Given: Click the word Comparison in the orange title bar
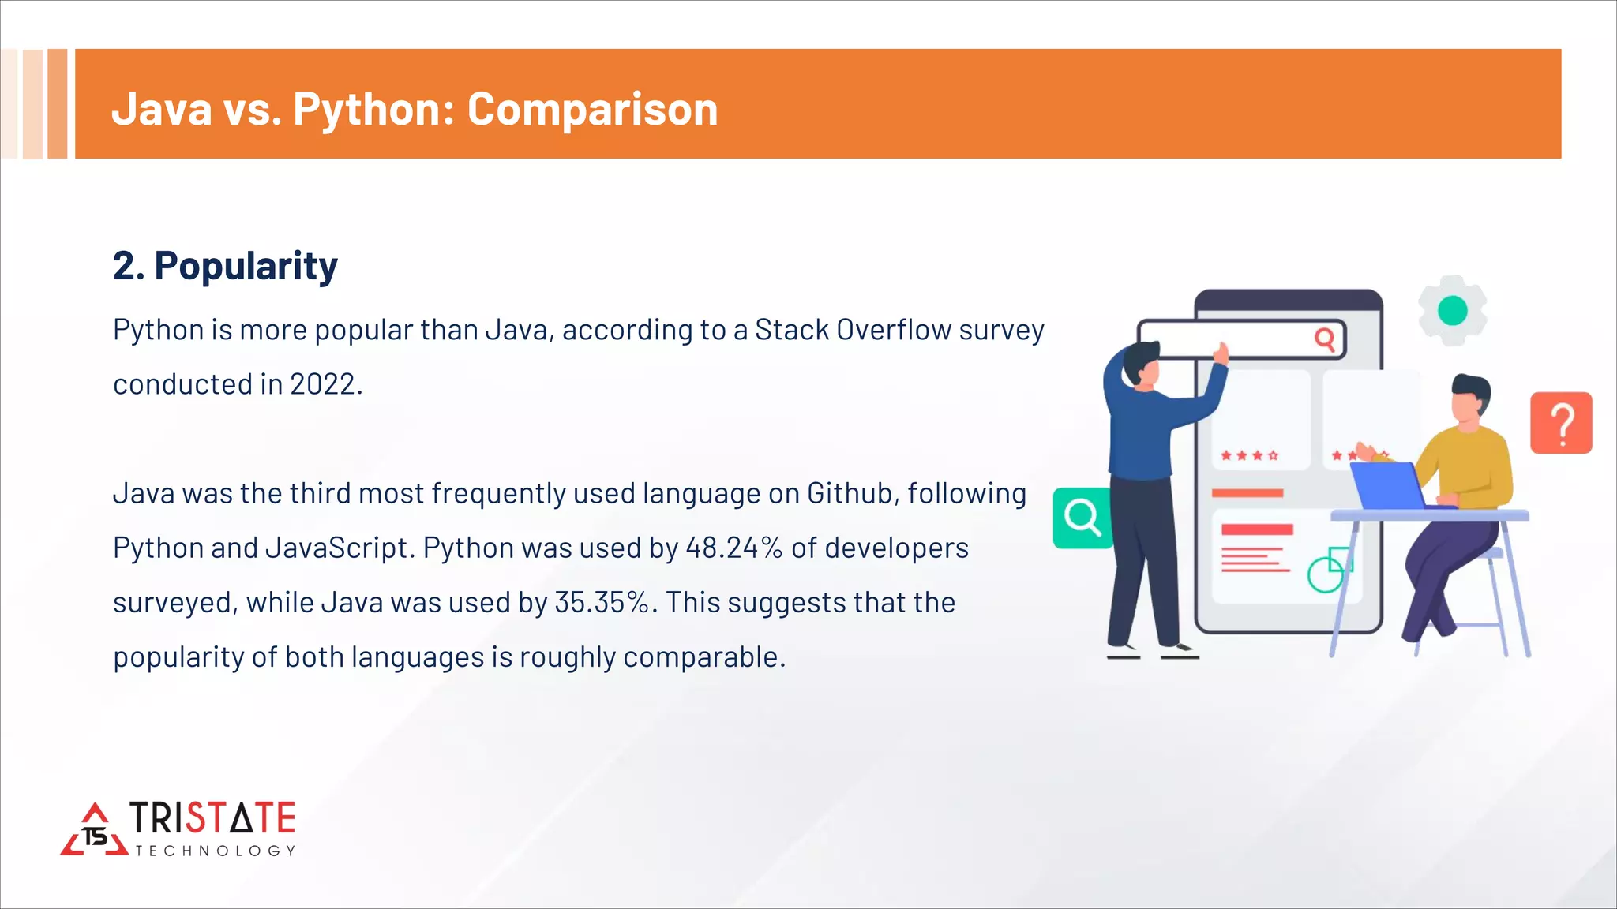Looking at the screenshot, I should (592, 109).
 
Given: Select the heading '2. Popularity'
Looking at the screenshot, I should (225, 266).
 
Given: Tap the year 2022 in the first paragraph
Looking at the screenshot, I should (323, 384).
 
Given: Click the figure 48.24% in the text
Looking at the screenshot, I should (733, 548).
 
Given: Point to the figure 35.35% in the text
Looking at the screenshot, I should (602, 602).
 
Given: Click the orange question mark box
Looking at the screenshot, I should (1561, 423).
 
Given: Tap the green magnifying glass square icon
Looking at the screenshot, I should (1082, 518).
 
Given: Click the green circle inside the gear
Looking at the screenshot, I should (1452, 311).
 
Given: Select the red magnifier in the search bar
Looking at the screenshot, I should (1324, 339).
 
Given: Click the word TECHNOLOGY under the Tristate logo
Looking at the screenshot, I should (215, 851).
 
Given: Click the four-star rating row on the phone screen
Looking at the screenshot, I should (1249, 455).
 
